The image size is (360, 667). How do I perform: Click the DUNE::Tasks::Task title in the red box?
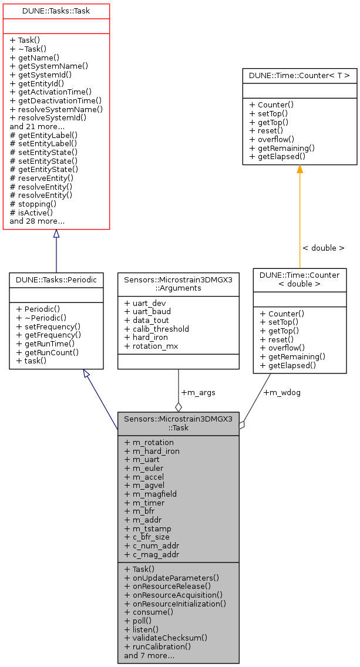pyautogui.click(x=56, y=11)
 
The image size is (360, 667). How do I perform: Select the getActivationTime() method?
pyautogui.click(x=51, y=91)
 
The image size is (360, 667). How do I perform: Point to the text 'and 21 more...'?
pyautogui.click(x=37, y=126)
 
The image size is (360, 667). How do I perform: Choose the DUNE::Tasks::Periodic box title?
pyautogui.click(x=56, y=281)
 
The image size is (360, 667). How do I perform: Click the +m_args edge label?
pyautogui.click(x=198, y=392)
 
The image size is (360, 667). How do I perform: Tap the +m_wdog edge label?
pyautogui.click(x=282, y=392)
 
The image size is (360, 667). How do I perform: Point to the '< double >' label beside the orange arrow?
pyautogui.click(x=323, y=248)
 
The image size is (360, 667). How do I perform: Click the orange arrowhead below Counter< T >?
pyautogui.click(x=300, y=170)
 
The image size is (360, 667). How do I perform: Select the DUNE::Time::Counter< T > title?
pyautogui.click(x=300, y=75)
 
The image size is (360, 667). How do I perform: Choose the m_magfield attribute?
pyautogui.click(x=150, y=494)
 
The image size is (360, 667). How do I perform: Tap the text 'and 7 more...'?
pyautogui.click(x=149, y=655)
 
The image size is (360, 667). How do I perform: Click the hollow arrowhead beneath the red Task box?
pyautogui.click(x=56, y=234)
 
